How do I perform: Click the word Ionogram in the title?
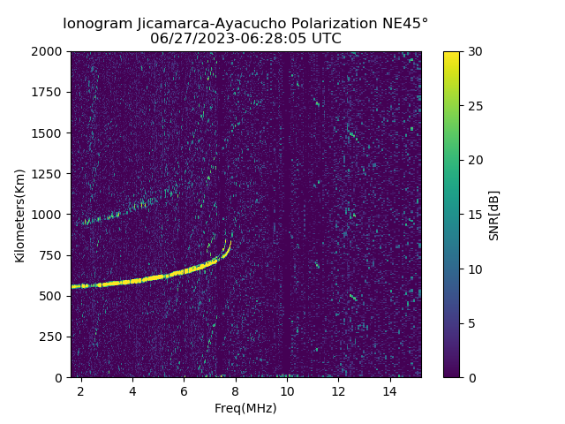(x=98, y=23)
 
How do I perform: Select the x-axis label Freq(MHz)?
(x=245, y=408)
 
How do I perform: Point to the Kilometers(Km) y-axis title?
(x=19, y=215)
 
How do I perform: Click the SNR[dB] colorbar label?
(x=494, y=215)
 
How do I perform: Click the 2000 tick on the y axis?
(x=49, y=52)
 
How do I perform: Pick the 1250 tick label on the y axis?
(x=49, y=174)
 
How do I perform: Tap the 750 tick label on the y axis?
(x=53, y=255)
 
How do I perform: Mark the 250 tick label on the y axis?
(x=53, y=337)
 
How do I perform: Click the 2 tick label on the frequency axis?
(x=81, y=390)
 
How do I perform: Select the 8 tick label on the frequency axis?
(x=235, y=390)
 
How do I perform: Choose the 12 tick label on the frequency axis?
(x=338, y=390)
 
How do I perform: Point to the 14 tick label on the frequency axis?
(x=389, y=390)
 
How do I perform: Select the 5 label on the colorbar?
(x=471, y=323)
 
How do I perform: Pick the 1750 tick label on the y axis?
(x=49, y=93)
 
